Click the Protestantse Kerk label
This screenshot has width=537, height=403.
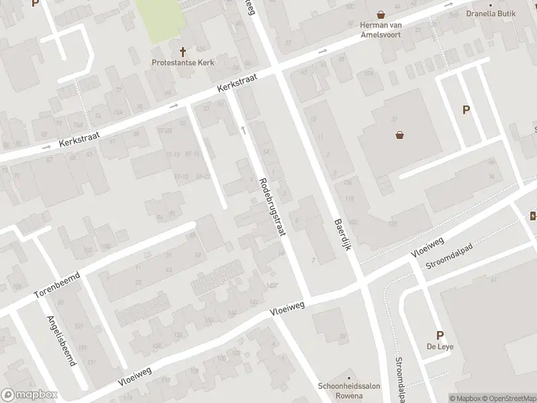tap(183, 63)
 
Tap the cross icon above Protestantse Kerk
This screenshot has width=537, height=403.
tap(183, 51)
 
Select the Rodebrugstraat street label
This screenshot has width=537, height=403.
tap(271, 208)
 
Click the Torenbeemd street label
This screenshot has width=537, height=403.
tap(57, 285)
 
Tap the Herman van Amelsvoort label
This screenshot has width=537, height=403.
tap(381, 30)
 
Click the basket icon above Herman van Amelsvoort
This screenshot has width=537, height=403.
tap(381, 14)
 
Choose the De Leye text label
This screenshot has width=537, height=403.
tap(440, 348)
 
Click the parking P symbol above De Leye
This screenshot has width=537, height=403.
tap(440, 335)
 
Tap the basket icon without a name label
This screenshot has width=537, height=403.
tap(401, 134)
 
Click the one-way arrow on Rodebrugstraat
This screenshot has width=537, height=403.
tap(243, 128)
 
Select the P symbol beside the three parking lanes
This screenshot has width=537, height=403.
tap(465, 110)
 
